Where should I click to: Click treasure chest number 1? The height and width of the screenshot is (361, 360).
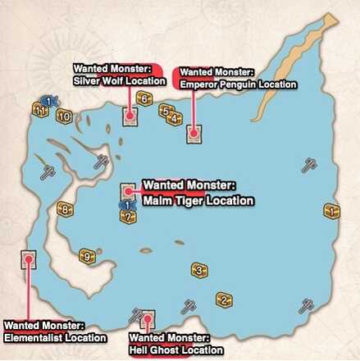tap(331, 212)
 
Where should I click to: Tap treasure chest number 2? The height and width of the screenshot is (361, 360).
tap(222, 299)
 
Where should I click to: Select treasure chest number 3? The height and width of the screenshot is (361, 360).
tap(198, 270)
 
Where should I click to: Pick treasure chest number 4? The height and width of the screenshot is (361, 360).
tap(174, 119)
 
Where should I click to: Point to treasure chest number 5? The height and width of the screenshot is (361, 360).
tap(165, 111)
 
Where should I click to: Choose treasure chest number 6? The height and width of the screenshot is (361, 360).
tap(143, 100)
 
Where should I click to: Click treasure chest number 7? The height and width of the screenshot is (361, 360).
tap(128, 216)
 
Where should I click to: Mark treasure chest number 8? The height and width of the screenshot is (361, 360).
tap(64, 208)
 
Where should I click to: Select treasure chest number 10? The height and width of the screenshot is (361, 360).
tap(64, 116)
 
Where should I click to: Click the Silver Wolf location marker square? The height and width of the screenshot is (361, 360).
tap(130, 117)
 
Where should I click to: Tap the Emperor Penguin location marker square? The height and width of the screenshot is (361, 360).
tap(194, 133)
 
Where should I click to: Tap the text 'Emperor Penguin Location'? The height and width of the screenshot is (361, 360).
tap(238, 85)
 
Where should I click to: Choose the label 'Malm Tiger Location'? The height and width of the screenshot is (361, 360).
tap(198, 199)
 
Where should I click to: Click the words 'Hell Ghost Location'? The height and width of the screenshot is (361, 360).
tap(176, 350)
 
